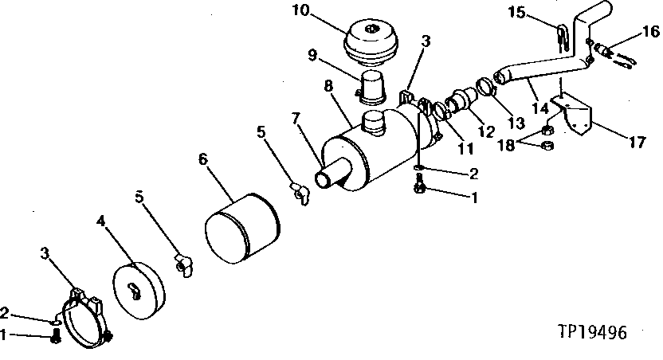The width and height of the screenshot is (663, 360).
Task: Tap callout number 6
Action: coord(204,159)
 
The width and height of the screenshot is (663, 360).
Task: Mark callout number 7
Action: coord(296,119)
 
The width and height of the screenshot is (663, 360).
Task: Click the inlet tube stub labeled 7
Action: coord(327,178)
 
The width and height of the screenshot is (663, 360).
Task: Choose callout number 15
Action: coord(539,13)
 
